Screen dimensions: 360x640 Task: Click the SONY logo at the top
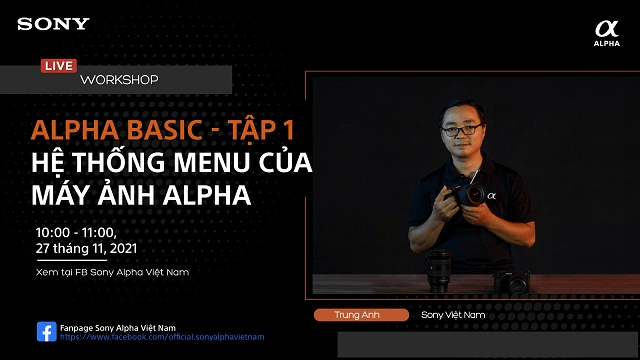click(53, 23)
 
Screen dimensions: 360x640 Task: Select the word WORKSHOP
click(119, 79)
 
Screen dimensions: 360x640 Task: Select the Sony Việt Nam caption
click(453, 315)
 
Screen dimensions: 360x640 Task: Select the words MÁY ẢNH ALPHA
click(141, 196)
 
